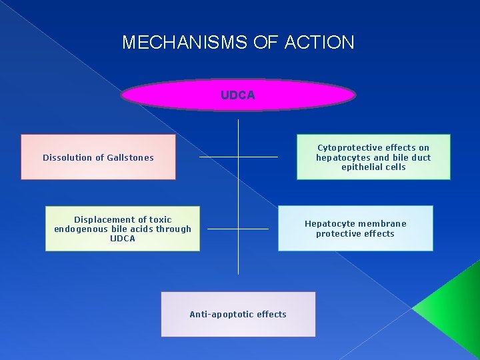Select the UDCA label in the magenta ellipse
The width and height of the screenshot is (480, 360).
click(238, 95)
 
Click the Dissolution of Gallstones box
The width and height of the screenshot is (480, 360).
click(98, 157)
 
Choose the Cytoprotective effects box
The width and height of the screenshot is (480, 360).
click(373, 157)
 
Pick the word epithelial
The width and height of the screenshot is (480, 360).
click(364, 167)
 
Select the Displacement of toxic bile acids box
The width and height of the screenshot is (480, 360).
click(123, 229)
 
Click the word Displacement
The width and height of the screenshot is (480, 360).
click(105, 219)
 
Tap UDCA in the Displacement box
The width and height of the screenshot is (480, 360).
click(123, 239)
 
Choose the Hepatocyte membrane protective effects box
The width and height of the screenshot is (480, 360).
click(355, 229)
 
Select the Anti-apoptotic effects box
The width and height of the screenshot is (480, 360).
click(238, 314)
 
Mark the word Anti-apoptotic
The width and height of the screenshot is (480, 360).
click(218, 314)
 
